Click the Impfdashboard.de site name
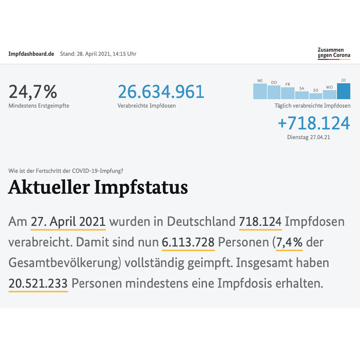coord(31,54)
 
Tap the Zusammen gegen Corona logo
coord(333,53)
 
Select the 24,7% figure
coord(33,92)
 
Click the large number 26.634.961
coord(161,92)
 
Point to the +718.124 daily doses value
coord(314,123)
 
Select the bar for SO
coord(315,96)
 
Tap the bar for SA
coord(301,95)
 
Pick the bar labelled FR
coord(288,93)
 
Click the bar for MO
coord(329,94)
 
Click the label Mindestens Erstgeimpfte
coord(39,106)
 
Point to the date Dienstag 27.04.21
coord(309,137)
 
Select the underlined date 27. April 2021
coord(68,221)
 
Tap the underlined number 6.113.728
coord(188,242)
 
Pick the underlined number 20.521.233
coord(38,283)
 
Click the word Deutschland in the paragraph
coord(201,221)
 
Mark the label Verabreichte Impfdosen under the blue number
coord(146,106)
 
